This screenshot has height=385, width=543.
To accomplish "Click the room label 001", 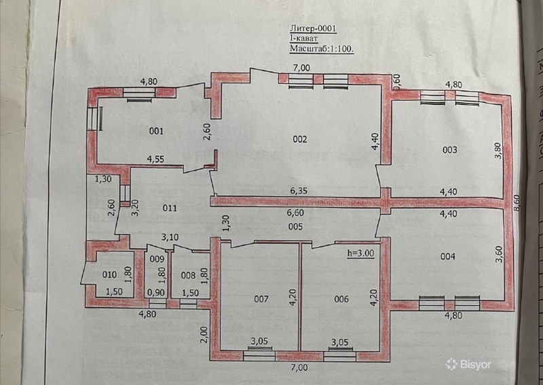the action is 156,131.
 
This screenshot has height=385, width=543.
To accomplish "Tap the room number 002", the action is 300,139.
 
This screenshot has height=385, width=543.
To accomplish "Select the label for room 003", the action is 450,150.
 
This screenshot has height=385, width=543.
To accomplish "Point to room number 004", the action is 448,256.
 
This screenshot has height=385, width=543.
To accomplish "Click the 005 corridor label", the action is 296,226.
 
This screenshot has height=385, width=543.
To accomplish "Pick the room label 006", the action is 341,299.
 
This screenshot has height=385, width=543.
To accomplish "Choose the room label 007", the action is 261,299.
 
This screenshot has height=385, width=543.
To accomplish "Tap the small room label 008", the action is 189,275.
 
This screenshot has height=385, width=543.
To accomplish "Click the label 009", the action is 156,259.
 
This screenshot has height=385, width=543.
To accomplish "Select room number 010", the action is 110,275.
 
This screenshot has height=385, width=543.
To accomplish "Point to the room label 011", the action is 170,208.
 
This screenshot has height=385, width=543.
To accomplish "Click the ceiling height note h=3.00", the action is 361,254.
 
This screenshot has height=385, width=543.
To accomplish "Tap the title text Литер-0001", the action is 313,28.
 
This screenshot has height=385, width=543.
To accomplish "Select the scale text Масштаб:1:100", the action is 322,49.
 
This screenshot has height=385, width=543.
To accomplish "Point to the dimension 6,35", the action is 299,191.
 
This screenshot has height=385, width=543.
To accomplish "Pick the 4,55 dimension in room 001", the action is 155,159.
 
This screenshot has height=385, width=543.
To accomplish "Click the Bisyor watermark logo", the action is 468,364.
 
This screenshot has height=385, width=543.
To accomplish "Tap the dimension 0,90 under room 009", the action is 156,293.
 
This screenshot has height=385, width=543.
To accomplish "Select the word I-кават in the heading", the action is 303,39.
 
